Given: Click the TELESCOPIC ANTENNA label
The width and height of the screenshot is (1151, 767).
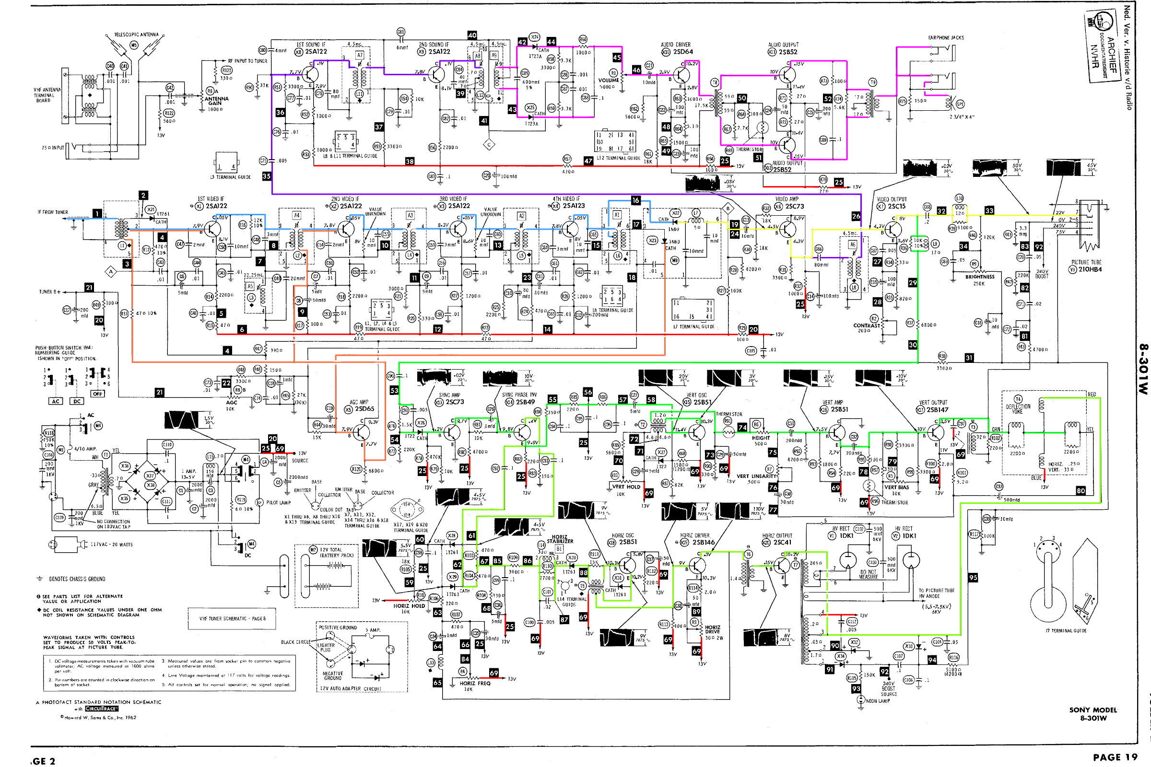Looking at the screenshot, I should [x=136, y=35].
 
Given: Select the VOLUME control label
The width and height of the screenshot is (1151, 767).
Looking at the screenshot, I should [x=608, y=80].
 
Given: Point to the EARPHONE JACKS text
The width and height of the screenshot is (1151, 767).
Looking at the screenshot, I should [x=945, y=38].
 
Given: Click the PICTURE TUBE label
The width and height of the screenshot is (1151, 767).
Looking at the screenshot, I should [x=1086, y=262].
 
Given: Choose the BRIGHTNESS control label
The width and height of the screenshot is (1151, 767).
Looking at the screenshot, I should [x=980, y=277].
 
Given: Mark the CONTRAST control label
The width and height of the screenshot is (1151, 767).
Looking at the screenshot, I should [x=867, y=325].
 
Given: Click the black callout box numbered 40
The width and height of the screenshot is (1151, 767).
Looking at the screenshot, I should [x=472, y=35].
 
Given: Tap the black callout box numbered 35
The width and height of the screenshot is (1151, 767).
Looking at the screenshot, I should [x=267, y=176].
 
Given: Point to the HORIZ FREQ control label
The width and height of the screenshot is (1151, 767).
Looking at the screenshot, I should [x=475, y=684].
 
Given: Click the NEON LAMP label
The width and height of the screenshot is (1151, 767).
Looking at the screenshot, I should [x=878, y=701].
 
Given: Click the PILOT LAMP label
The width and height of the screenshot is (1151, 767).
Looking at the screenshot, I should [x=279, y=502].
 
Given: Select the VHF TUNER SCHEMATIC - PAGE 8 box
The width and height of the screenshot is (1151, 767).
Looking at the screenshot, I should [x=232, y=619].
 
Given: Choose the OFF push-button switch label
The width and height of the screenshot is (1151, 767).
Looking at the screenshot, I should [x=98, y=394].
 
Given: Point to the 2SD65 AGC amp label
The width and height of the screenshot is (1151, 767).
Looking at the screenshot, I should [x=364, y=409].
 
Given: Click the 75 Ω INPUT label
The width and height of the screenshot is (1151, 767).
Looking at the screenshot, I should [x=53, y=148].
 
